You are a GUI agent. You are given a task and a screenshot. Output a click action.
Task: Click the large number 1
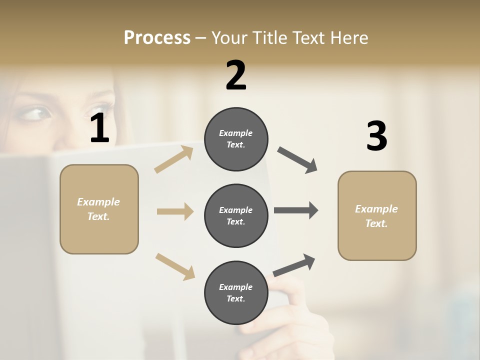(99, 128)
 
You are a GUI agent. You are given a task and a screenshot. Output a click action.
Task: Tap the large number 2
(236, 75)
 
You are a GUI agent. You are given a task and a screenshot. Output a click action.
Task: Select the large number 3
(376, 136)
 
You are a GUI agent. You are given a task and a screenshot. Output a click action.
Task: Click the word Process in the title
(157, 37)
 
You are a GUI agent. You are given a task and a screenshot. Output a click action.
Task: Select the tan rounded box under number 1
(99, 209)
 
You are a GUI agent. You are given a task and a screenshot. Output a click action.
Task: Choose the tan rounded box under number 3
(377, 216)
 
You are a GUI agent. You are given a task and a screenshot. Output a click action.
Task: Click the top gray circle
(236, 139)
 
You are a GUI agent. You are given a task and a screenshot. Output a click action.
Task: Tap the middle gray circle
(236, 216)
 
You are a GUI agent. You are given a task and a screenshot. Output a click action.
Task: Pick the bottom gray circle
(236, 293)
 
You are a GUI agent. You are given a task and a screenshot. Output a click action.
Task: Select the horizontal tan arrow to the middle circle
(175, 211)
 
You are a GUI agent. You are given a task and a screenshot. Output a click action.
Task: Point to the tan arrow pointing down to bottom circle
(175, 266)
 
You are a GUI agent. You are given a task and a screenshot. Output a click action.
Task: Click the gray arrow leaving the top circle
(297, 160)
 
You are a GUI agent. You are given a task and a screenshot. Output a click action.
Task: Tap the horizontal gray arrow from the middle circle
(296, 210)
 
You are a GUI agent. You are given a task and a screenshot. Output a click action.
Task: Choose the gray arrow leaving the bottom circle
(294, 265)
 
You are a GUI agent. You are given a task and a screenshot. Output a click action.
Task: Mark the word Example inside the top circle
(236, 133)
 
